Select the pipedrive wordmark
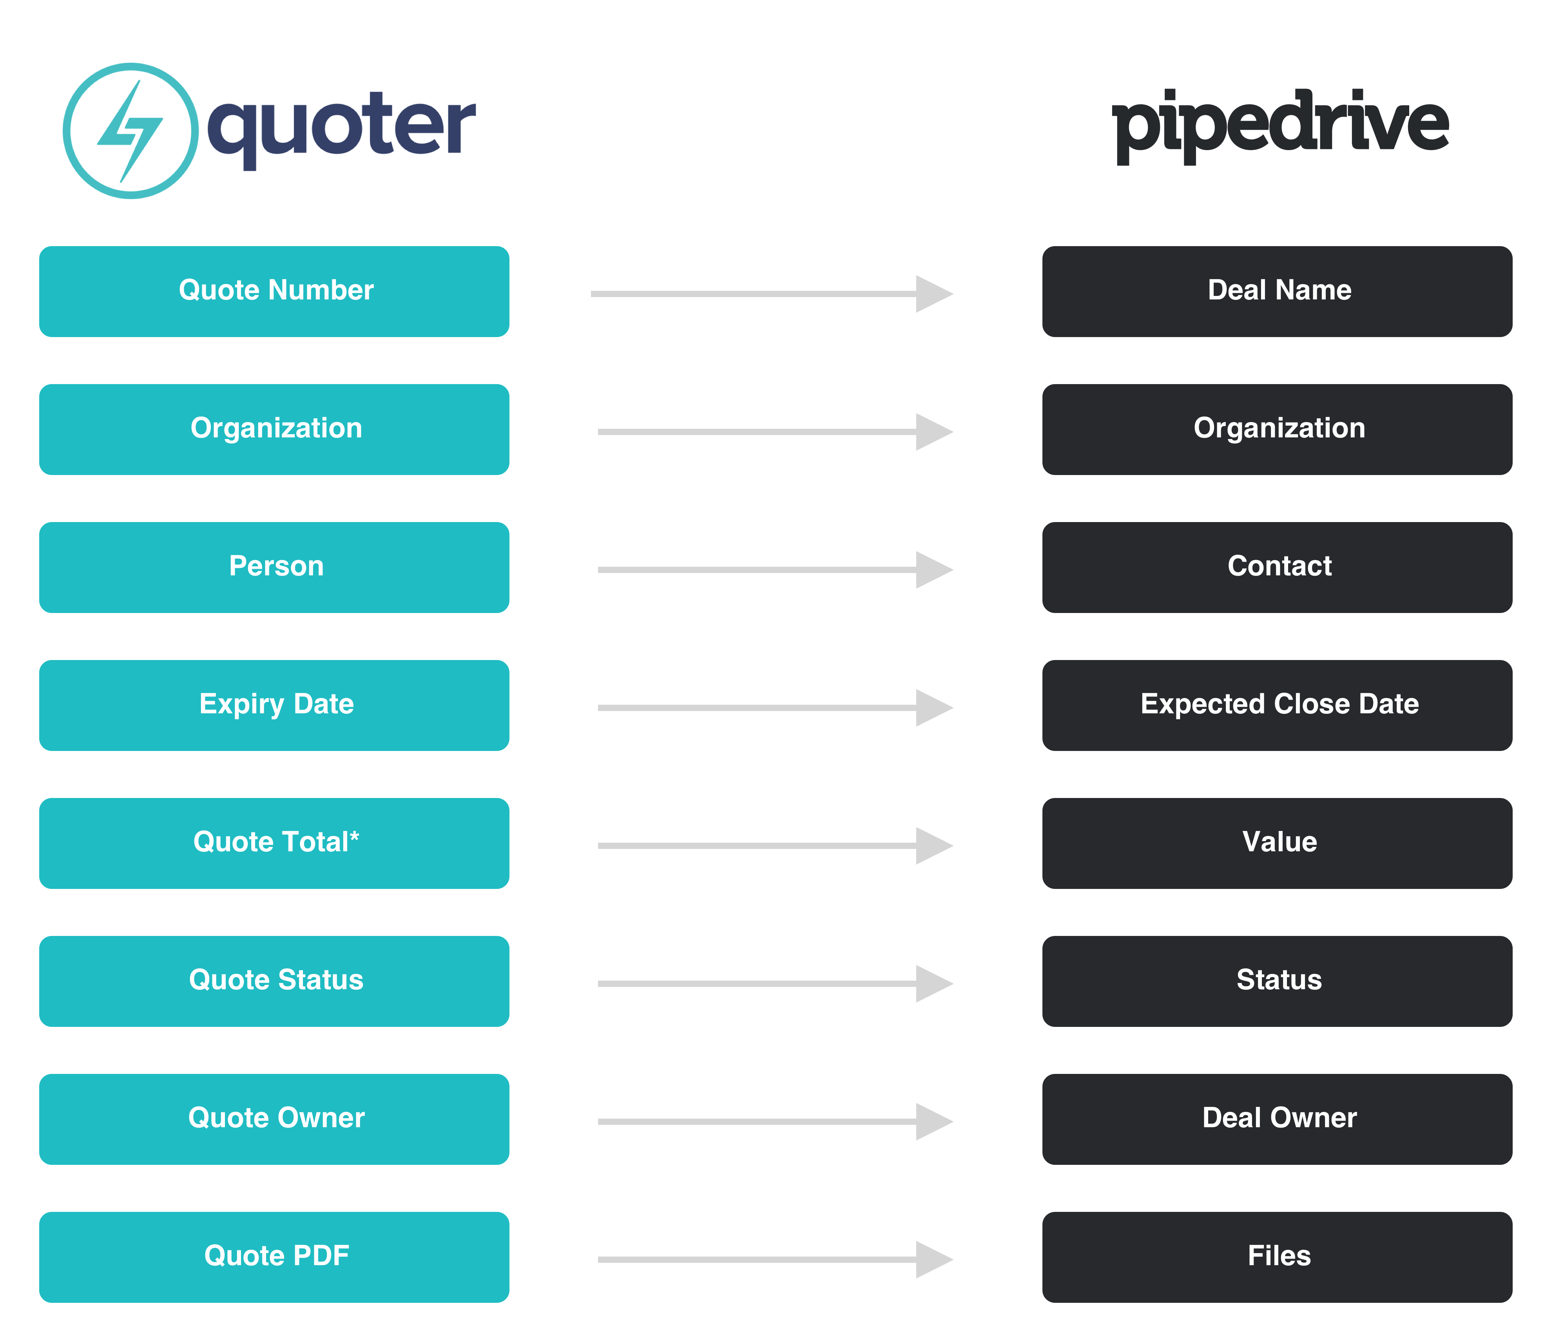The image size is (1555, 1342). click(1280, 126)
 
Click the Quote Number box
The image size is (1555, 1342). click(274, 291)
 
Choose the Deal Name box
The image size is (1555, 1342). click(1277, 291)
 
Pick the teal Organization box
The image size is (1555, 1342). click(274, 429)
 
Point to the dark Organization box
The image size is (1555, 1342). click(1277, 429)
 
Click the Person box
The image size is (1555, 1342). click(274, 568)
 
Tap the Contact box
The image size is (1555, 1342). click(1277, 568)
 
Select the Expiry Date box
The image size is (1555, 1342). click(274, 705)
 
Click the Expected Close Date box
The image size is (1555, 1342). click(1277, 705)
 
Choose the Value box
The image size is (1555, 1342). click(1277, 843)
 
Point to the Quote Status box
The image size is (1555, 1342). click(274, 982)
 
